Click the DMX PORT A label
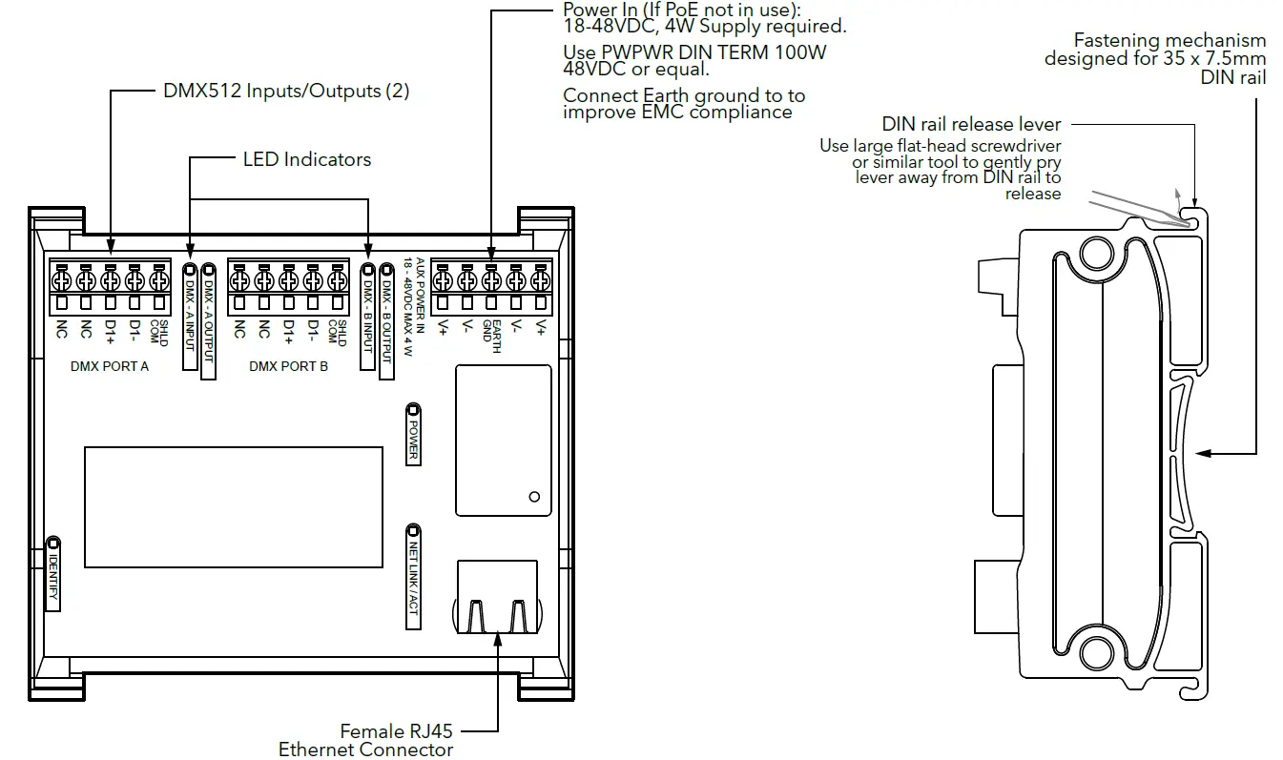(110, 366)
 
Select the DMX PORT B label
(288, 366)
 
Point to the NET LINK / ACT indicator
(414, 576)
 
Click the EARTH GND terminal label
(490, 336)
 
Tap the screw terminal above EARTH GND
(491, 280)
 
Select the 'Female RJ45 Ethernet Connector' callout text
(365, 740)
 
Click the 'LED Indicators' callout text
(307, 159)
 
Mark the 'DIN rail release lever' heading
(971, 124)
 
